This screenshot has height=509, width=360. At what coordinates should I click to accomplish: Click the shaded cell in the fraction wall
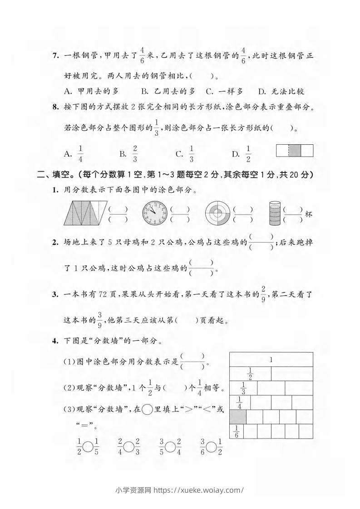coord(238,416)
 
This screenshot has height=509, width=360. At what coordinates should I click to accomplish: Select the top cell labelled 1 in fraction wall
coord(271,360)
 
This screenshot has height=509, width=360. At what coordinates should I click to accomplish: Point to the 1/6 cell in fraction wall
coord(236,431)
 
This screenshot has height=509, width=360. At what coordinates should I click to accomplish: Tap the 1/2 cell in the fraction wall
coord(250,374)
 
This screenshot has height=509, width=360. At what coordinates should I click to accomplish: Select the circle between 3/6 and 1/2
coord(211,447)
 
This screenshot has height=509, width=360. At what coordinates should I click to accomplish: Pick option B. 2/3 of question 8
coord(128,154)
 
